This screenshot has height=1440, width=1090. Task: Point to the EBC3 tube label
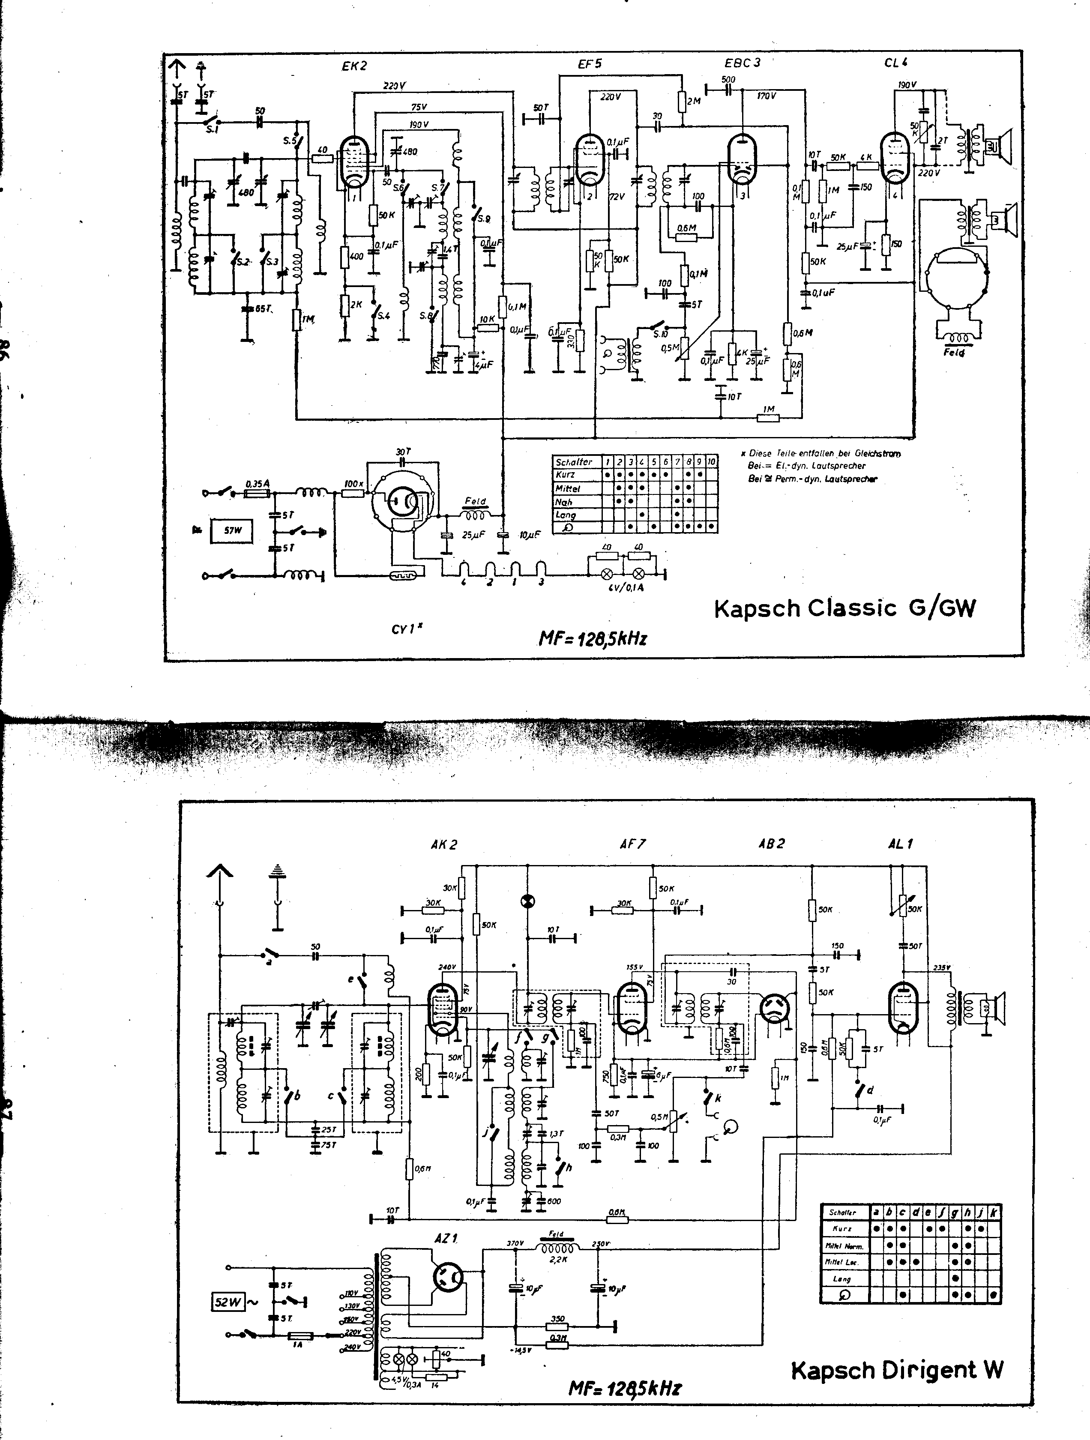point(742,63)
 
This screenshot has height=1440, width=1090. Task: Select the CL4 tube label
point(896,63)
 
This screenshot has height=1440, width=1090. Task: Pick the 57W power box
point(233,530)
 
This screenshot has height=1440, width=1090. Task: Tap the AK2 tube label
point(444,845)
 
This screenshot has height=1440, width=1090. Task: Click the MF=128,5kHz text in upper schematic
point(593,639)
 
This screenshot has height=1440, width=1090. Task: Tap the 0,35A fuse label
point(258,484)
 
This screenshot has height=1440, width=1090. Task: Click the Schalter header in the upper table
point(574,461)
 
